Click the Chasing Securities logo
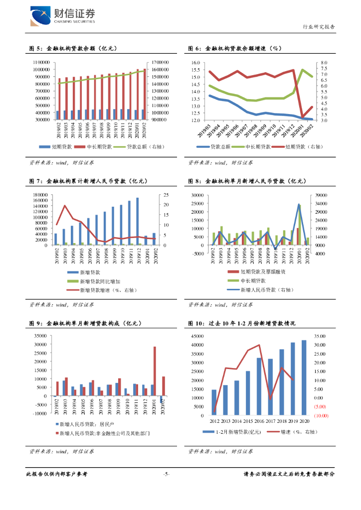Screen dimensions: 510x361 (x=62, y=16)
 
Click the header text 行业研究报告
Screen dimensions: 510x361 (x=319, y=27)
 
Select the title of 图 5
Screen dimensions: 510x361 (x=73, y=49)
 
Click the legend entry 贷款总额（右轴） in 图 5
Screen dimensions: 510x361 (x=146, y=147)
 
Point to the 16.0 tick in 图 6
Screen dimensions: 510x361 (x=195, y=62)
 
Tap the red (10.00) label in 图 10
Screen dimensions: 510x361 (x=320, y=415)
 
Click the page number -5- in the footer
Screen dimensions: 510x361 (x=167, y=474)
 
